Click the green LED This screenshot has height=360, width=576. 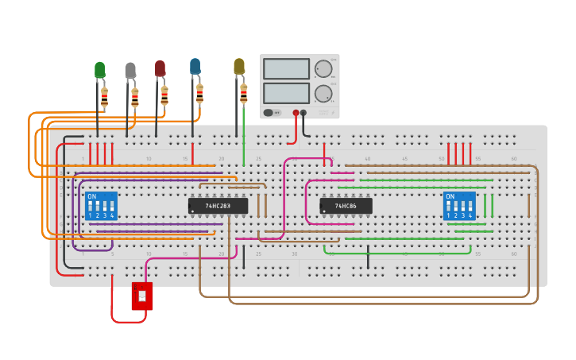99,70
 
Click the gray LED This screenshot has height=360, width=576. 130,71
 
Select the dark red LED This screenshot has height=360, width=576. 160,68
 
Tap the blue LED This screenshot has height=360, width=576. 195,66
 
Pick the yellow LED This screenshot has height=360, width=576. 238,67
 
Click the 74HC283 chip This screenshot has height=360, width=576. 218,206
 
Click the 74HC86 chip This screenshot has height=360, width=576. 346,206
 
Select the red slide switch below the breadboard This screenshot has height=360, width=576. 142,296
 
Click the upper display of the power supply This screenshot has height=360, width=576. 286,69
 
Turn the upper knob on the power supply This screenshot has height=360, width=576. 323,69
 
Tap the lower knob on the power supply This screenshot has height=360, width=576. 323,94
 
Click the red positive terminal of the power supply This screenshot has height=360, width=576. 296,113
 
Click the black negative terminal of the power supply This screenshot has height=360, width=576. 303,113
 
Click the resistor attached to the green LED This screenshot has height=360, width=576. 104,97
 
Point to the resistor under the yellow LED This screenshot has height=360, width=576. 243,94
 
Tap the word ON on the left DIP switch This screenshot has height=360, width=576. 92,196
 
